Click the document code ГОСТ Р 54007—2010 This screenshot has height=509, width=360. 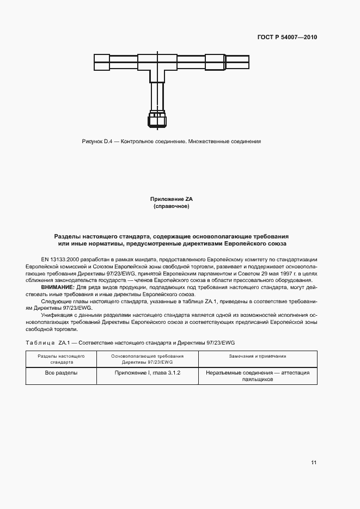point(287,38)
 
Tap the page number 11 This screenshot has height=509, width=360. point(314,463)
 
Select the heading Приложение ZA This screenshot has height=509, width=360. point(171,199)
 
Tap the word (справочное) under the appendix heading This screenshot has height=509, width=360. point(171,207)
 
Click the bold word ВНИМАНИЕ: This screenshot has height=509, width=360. point(58,287)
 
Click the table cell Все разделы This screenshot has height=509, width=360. point(61,373)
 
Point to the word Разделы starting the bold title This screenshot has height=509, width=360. point(68,237)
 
